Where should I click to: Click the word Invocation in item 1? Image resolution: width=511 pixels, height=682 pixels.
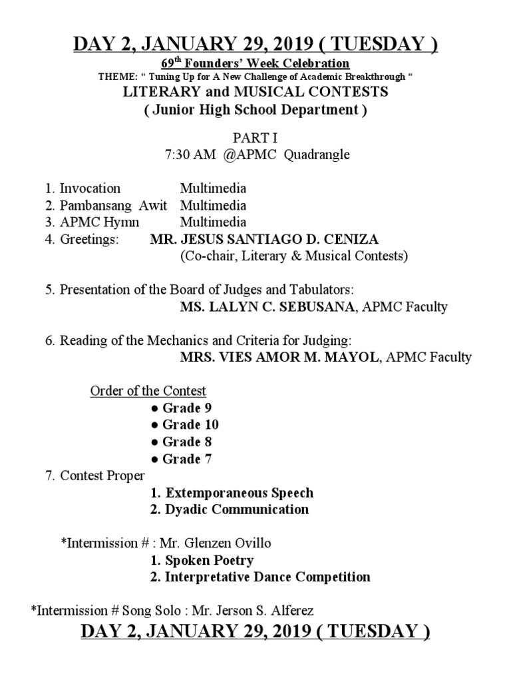coord(90,188)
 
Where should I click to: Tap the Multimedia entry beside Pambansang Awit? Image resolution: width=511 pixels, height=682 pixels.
coord(213,205)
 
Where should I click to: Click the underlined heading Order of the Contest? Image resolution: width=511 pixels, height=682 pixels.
coord(148,391)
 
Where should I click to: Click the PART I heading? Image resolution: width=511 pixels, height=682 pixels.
coord(255,138)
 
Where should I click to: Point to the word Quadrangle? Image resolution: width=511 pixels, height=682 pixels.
coord(317,155)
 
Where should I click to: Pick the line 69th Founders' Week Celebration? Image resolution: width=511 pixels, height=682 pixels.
coord(255,63)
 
